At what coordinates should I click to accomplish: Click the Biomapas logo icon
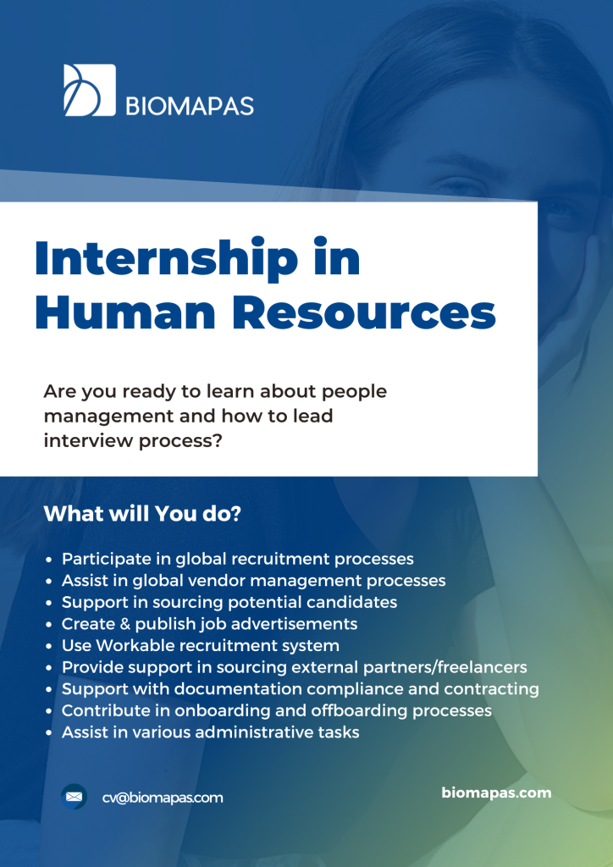90,90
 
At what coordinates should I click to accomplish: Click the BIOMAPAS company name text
191,106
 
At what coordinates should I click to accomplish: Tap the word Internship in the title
167,258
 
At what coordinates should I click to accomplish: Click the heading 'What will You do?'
142,514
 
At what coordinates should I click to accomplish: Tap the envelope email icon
74,797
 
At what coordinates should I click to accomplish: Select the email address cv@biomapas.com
163,798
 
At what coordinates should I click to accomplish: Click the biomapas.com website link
496,792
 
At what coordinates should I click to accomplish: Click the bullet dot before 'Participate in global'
49,560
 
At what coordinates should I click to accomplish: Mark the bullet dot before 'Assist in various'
49,733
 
